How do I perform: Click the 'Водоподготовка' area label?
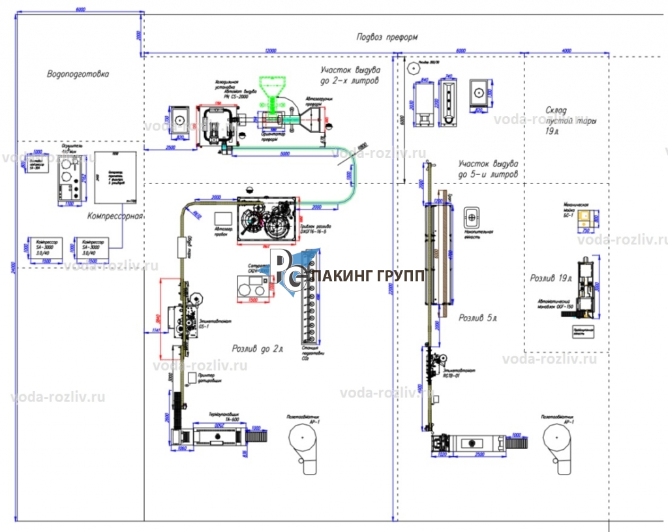click(x=78, y=74)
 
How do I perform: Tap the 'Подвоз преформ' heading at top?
click(x=386, y=37)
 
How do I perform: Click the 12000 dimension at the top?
click(x=269, y=50)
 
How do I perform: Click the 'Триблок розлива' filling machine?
click(x=266, y=220)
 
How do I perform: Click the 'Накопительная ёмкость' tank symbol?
click(x=472, y=216)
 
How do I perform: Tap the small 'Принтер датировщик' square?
click(x=192, y=377)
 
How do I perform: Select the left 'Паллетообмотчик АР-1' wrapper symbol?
click(x=302, y=443)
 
